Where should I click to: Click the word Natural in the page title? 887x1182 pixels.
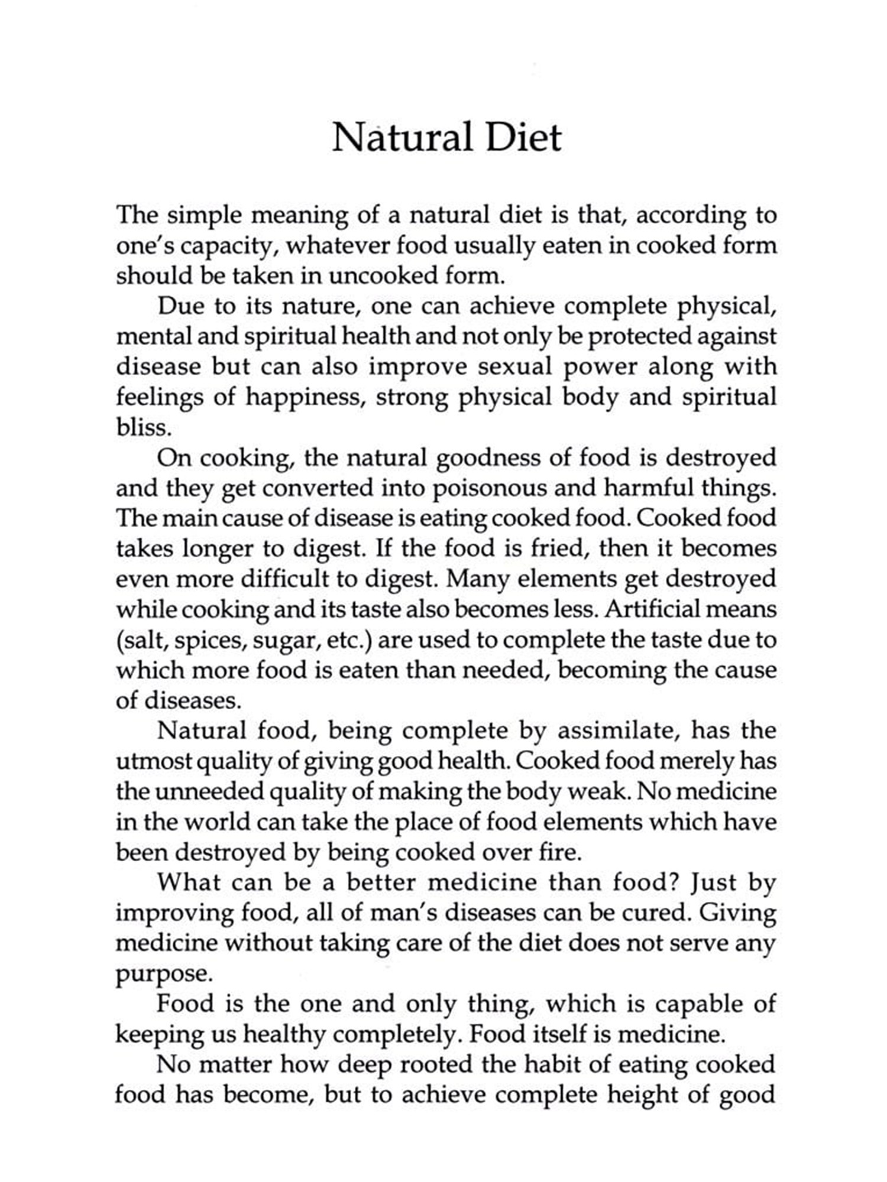coord(402,138)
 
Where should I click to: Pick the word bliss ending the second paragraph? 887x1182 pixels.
coord(143,427)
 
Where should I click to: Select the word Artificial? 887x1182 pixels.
coord(658,609)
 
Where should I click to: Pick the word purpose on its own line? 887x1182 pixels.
coord(163,974)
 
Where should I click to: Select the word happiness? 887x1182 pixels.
coord(303,397)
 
